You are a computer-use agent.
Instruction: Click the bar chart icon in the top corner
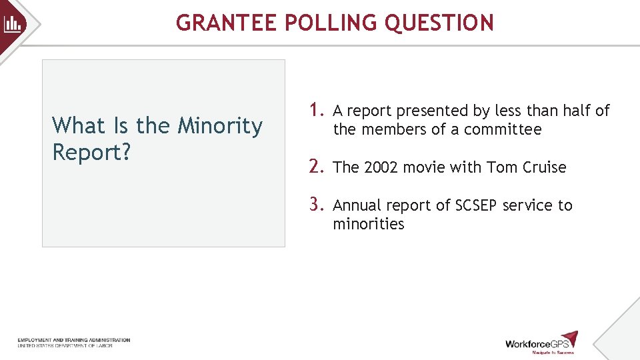coord(13,25)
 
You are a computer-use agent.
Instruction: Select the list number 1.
coord(315,109)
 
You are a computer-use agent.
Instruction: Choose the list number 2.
coord(316,167)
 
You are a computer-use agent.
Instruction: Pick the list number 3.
coord(316,204)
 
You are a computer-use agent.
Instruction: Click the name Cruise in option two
coord(544,168)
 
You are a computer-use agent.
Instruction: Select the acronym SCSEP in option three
coord(476,205)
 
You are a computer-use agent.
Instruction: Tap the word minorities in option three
coord(369,224)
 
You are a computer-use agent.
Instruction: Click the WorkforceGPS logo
coord(541,343)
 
